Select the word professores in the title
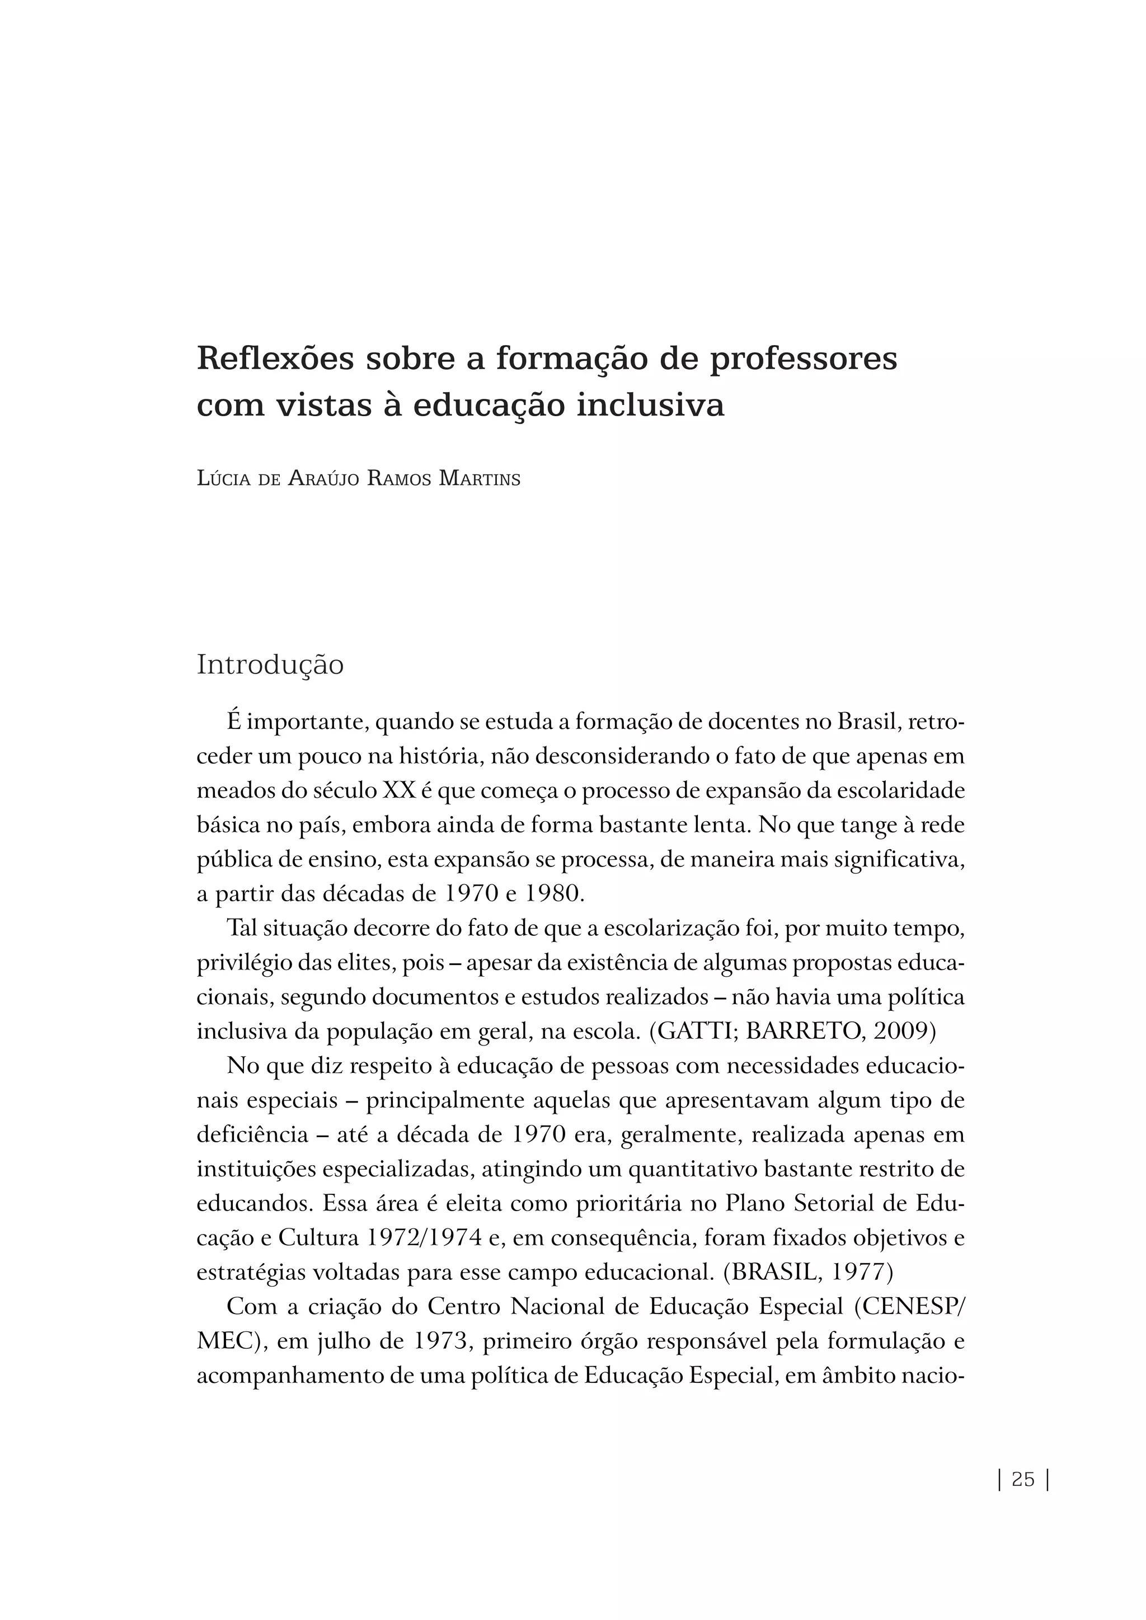tap(803, 360)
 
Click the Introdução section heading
tap(270, 665)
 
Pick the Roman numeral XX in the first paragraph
tap(399, 791)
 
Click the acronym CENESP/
tap(913, 1307)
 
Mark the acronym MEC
tap(224, 1341)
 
